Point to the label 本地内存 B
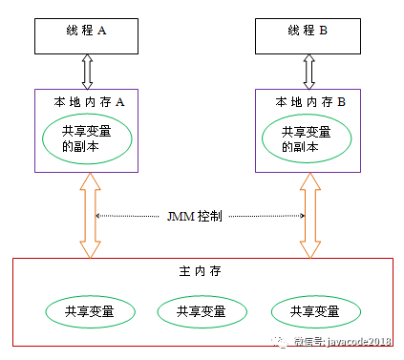tap(305, 100)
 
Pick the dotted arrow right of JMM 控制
tap(267, 217)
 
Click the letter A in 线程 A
tap(102, 31)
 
